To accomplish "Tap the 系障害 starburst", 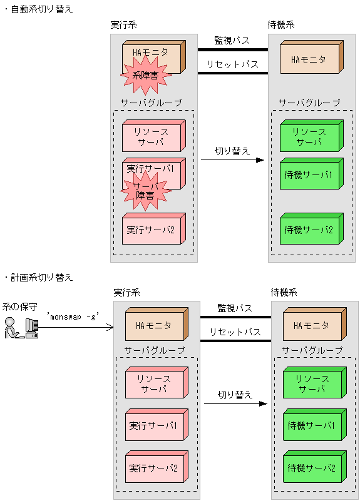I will [145, 76].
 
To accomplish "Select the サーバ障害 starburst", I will [145, 190].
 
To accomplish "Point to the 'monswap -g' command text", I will [73, 317].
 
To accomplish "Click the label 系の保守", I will [19, 306].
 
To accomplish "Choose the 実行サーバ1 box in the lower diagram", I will [155, 427].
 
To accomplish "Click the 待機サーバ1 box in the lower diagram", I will [311, 427].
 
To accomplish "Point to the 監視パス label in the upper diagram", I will [232, 40].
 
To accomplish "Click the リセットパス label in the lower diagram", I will [235, 332].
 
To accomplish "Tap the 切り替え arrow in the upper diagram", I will [232, 160].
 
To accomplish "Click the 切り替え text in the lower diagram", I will [235, 395].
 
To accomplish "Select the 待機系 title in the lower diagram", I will [284, 292].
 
